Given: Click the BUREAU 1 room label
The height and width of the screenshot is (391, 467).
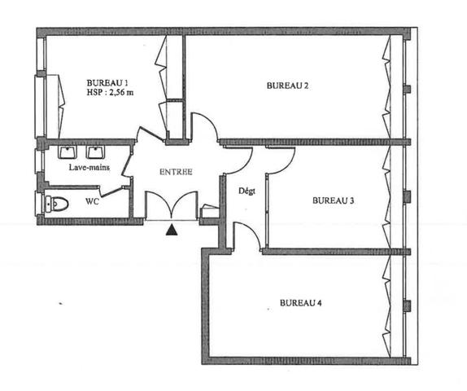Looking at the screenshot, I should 108,82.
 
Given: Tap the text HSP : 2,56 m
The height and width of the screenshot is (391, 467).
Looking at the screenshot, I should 109,93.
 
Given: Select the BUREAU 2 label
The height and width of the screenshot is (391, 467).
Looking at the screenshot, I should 287,85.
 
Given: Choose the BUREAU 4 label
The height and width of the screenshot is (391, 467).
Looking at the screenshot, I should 301,303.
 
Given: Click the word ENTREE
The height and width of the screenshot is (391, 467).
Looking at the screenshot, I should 176,172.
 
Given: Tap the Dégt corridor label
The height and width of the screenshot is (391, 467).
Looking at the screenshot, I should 247,191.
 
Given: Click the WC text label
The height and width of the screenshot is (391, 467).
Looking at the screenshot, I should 92,202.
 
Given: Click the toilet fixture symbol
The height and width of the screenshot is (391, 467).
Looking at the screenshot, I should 55,204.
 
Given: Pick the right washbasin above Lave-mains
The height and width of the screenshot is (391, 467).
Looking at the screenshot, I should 97,152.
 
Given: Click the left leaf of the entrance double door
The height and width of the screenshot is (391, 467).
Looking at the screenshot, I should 158,204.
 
